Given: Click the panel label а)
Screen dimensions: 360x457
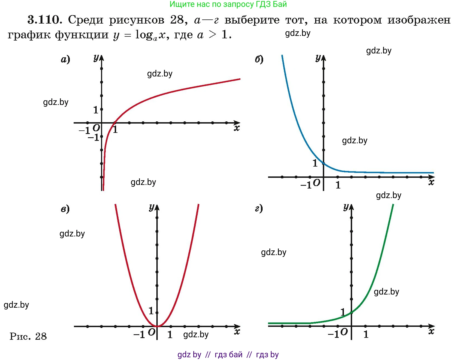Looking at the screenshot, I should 65,59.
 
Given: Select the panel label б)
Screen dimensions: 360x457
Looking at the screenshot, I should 259,59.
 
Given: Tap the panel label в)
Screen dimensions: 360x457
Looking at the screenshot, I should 65,209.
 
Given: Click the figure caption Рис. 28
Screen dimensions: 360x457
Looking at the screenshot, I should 28,336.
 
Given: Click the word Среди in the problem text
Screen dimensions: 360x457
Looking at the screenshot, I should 86,20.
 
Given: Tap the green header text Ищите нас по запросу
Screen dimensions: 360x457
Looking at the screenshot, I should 208,4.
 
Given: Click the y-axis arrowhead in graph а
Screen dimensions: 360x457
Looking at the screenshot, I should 102,58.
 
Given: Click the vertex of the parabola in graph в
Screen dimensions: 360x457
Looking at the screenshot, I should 157,326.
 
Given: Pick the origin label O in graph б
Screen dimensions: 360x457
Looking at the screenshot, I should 317,183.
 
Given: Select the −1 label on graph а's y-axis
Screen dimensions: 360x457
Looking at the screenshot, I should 93,137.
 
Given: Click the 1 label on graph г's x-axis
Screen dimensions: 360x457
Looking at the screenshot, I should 366,335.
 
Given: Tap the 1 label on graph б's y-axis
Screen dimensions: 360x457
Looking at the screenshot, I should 315,163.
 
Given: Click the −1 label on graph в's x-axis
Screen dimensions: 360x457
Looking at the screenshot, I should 139,335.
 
